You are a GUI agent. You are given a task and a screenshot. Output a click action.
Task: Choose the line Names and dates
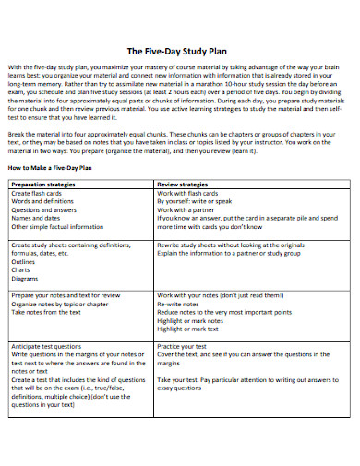(36, 218)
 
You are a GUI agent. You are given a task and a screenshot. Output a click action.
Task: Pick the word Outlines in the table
(24, 261)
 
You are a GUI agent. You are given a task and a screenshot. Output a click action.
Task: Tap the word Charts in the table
(21, 269)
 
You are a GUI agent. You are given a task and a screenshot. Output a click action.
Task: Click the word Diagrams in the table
(25, 278)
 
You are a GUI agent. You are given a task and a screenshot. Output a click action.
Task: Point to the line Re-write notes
(180, 304)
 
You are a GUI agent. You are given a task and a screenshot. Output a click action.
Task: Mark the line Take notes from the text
(45, 312)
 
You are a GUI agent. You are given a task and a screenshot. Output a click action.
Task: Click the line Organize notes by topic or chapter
(61, 304)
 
